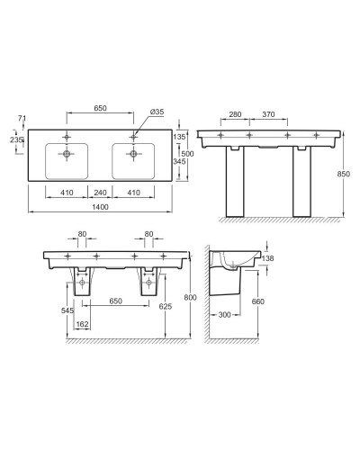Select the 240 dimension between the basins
click(101, 192)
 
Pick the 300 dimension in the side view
click(223, 316)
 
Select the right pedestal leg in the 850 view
click(305, 184)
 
